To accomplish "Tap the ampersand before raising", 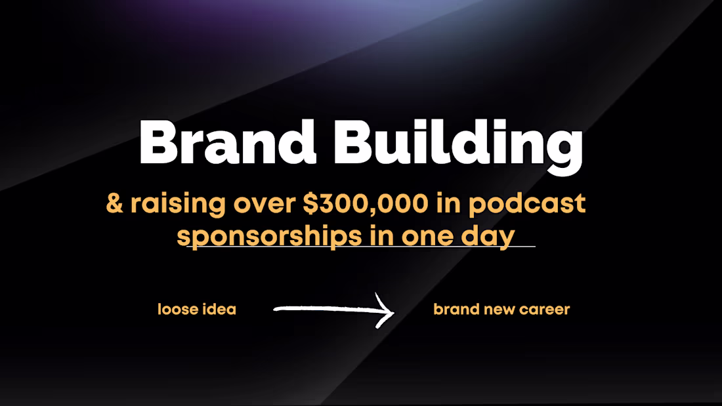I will [115, 203].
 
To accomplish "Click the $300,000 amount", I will [364, 204].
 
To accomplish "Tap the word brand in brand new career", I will [456, 309].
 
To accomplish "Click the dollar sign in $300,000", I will [310, 204].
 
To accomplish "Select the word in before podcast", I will [451, 203].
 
